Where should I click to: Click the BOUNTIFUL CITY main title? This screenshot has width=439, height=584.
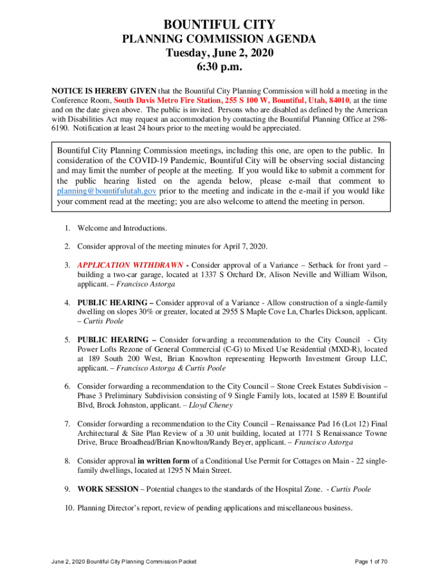219,25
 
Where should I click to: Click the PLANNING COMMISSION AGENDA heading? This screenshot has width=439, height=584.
219,39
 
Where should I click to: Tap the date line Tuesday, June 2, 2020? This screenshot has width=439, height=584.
219,54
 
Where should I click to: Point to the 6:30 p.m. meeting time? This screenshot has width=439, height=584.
219,68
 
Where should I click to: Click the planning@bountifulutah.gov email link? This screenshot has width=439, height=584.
107,191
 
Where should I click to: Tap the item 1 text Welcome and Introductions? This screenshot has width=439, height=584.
122,228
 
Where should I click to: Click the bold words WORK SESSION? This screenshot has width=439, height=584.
108,489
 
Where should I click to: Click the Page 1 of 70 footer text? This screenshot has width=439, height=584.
371,562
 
